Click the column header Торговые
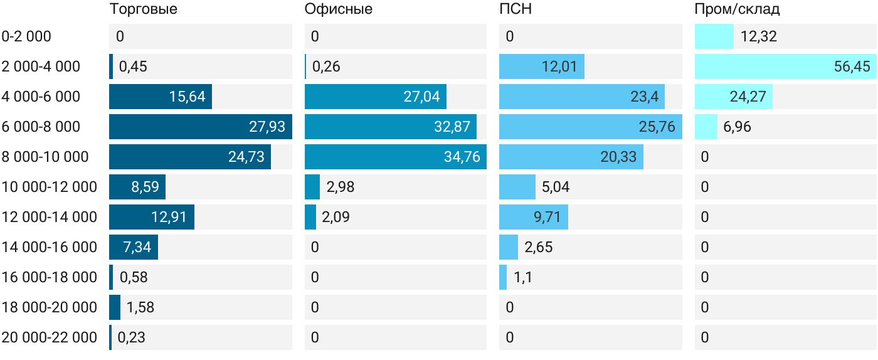click(x=144, y=9)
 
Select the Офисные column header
click(x=339, y=9)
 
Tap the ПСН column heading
click(x=516, y=9)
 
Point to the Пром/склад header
click(x=738, y=9)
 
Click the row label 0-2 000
click(x=26, y=36)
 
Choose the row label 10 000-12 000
click(x=50, y=187)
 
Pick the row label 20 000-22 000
click(x=50, y=337)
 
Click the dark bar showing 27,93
click(x=201, y=127)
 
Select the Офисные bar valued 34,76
click(x=396, y=157)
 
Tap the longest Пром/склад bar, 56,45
click(x=785, y=66)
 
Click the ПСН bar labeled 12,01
click(x=542, y=66)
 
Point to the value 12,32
click(x=758, y=36)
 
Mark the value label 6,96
click(x=738, y=127)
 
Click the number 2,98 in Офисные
click(x=340, y=187)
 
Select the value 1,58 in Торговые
click(x=140, y=307)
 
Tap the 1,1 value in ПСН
click(x=523, y=277)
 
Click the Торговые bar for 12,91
click(x=152, y=217)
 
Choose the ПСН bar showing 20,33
click(x=571, y=157)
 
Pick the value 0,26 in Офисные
click(x=326, y=66)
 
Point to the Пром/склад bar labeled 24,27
click(x=734, y=97)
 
